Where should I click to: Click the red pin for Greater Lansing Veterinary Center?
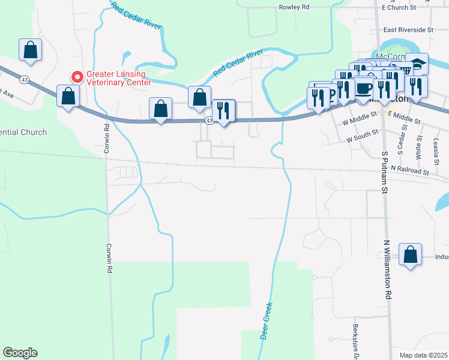[x=77, y=77]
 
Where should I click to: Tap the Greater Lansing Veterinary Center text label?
[x=119, y=79]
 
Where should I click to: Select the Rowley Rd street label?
[x=294, y=7]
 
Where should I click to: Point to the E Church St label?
[x=399, y=7]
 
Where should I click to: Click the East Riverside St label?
[x=408, y=29]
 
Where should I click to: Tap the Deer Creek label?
[x=266, y=320]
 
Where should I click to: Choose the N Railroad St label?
[x=411, y=172]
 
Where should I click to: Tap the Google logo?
[x=20, y=353]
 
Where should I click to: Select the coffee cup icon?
[x=364, y=88]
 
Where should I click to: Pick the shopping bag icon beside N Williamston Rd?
[x=410, y=254]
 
